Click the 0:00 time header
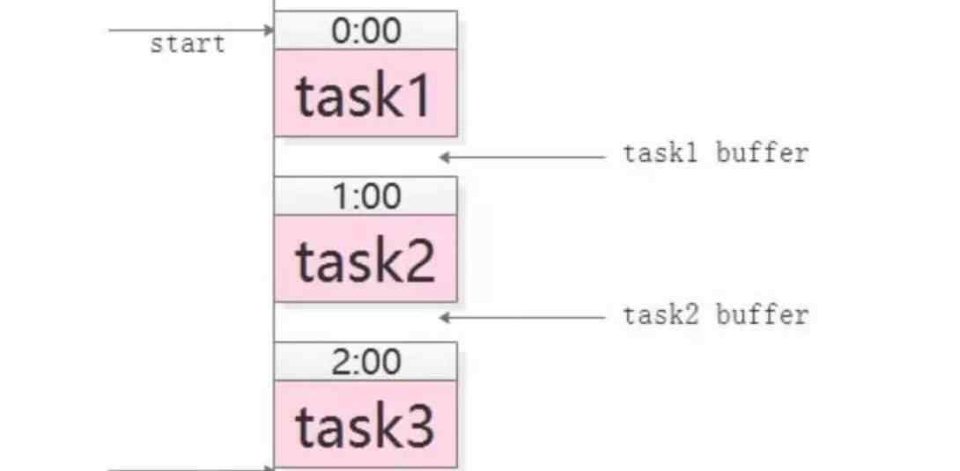pyautogui.click(x=366, y=29)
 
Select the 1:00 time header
pyautogui.click(x=366, y=195)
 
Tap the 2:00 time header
pyautogui.click(x=366, y=362)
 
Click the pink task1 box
pyautogui.click(x=366, y=93)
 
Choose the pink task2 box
pyautogui.click(x=366, y=258)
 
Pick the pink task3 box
pyautogui.click(x=366, y=424)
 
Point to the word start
pyautogui.click(x=188, y=45)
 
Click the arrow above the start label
pyautogui.click(x=191, y=30)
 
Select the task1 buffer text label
pyautogui.click(x=716, y=153)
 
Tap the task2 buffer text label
pyautogui.click(x=716, y=315)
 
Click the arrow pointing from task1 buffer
pyautogui.click(x=523, y=158)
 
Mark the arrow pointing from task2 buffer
pyautogui.click(x=523, y=318)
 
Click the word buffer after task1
pyautogui.click(x=762, y=153)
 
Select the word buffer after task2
pyautogui.click(x=762, y=315)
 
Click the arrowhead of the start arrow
pyautogui.click(x=269, y=30)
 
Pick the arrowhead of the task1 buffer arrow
pyautogui.click(x=446, y=158)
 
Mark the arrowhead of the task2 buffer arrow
pyautogui.click(x=446, y=318)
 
